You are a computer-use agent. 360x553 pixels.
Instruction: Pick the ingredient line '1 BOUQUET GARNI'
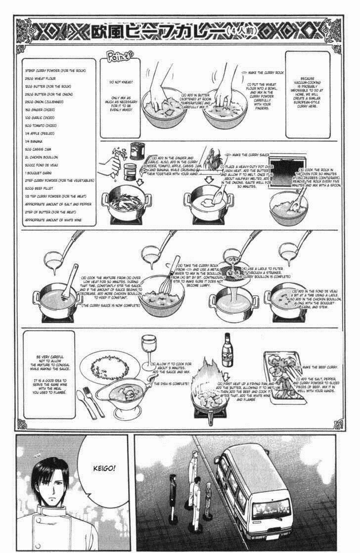pos(42,173)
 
